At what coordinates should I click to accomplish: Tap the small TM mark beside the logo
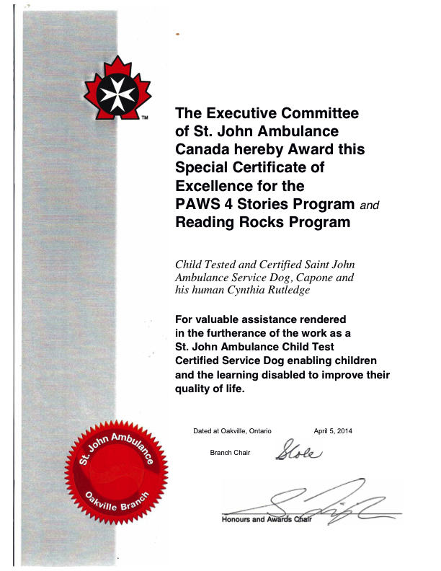(x=144, y=118)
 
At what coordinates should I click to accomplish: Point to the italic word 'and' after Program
(x=369, y=205)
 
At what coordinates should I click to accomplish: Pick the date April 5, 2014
(x=333, y=431)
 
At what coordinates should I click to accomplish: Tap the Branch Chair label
(x=230, y=453)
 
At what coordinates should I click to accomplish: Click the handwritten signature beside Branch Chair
(x=296, y=451)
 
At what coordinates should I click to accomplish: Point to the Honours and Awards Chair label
(x=266, y=519)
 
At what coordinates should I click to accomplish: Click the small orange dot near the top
(x=177, y=34)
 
